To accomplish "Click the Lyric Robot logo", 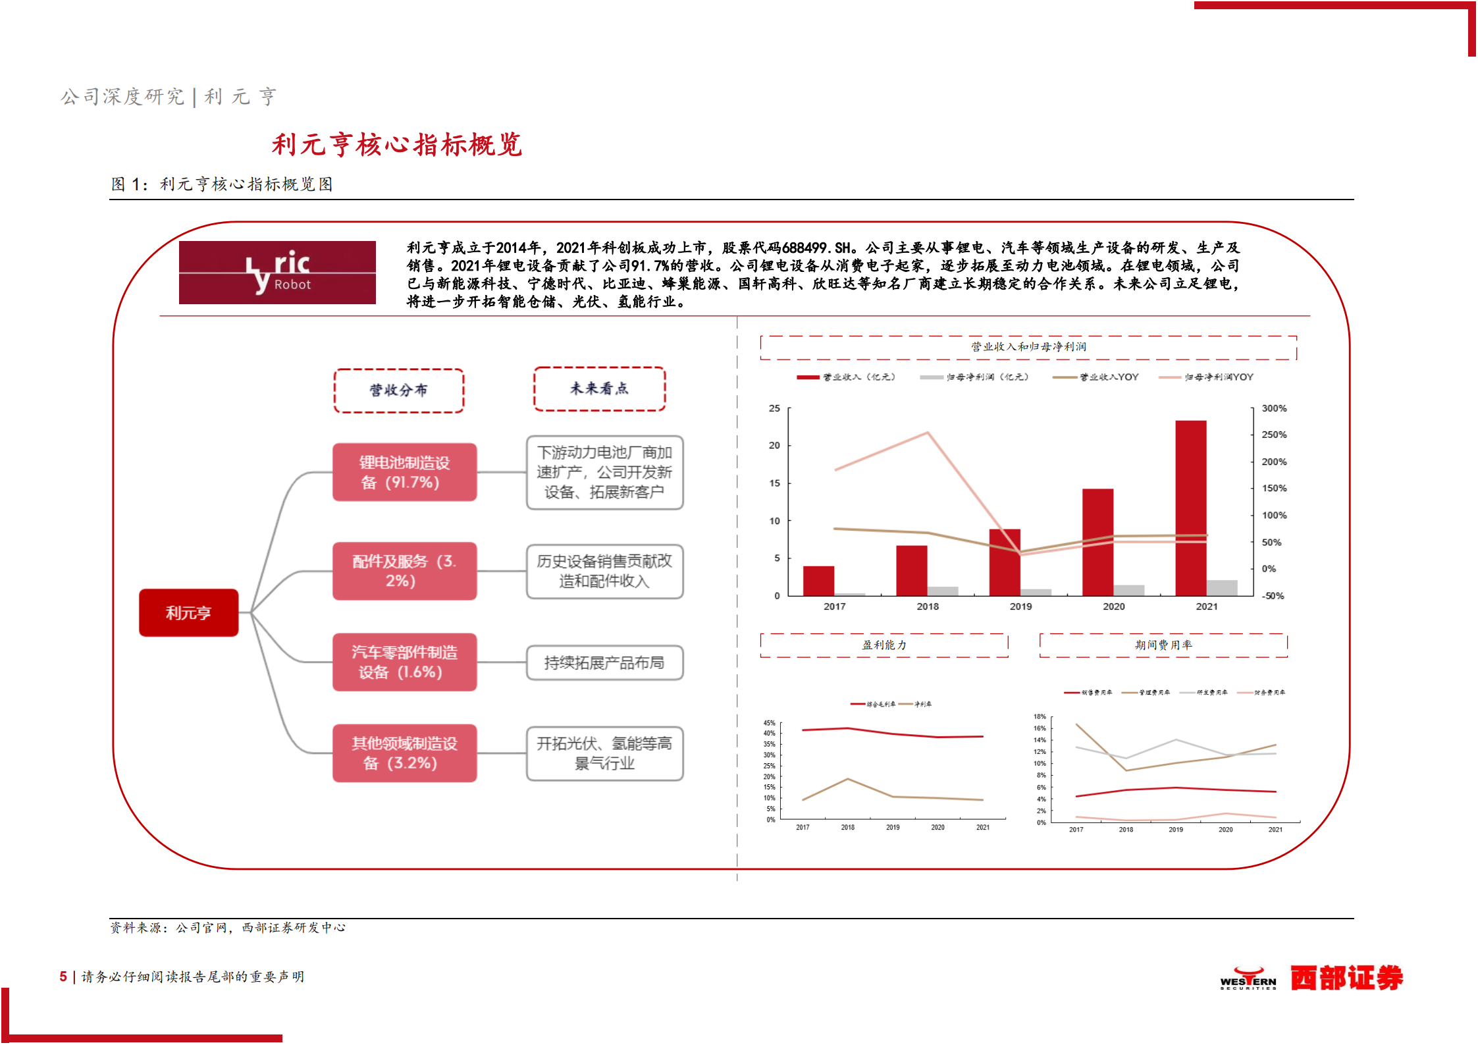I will tap(277, 273).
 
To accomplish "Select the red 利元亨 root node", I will tap(188, 613).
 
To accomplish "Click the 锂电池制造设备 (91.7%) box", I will tap(404, 472).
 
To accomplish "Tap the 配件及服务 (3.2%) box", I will tap(404, 571).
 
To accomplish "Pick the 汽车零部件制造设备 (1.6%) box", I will tap(404, 662).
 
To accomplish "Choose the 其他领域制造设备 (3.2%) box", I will tap(404, 753).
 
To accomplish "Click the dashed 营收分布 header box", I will tap(398, 390).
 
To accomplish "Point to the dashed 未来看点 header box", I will tap(599, 389).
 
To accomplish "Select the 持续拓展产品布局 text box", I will tap(604, 662).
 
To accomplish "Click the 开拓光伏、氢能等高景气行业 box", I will tap(604, 753).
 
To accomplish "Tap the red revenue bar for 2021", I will tap(1190, 507).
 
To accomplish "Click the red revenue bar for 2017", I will tap(818, 581).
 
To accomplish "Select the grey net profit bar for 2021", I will tap(1222, 587).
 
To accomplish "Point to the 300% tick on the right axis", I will tap(1273, 408).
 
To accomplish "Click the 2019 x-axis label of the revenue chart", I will tap(1020, 606).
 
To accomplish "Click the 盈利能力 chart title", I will tap(884, 645).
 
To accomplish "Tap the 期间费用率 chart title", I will tap(1163, 645).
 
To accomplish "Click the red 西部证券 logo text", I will tap(1346, 978).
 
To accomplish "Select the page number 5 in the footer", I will tap(63, 977).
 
